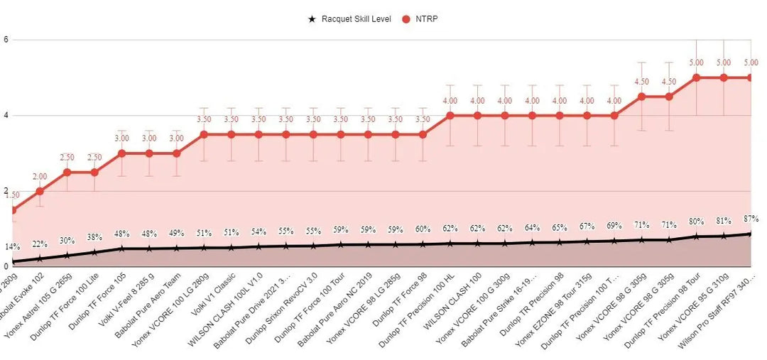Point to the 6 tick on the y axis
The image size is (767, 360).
[6, 40]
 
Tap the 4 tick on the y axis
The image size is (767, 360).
[6, 115]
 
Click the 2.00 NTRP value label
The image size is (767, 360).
[40, 177]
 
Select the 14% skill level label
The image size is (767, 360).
[13, 247]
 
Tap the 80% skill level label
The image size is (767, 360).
[696, 221]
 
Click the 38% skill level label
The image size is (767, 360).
[94, 237]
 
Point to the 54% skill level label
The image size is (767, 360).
[259, 231]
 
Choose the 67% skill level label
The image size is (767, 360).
[587, 227]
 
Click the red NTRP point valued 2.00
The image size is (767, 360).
[40, 191]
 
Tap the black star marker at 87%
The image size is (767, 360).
[751, 234]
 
